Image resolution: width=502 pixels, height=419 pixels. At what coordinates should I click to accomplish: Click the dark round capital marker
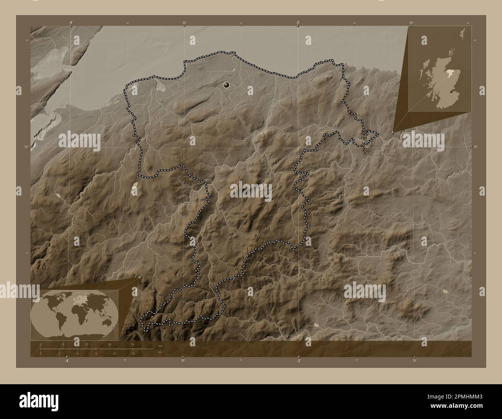pos(226,84)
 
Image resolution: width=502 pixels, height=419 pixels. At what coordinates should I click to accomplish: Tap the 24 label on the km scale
pos(132,344)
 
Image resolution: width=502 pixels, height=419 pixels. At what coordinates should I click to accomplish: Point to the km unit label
pos(160,346)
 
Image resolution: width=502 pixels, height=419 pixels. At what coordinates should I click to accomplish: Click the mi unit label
pos(159,352)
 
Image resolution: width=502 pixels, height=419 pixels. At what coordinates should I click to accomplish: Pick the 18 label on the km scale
pos(110,344)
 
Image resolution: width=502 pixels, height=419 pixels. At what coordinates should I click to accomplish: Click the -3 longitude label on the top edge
pos(298,23)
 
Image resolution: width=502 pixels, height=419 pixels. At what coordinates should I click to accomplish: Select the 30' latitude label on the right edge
pos(475,146)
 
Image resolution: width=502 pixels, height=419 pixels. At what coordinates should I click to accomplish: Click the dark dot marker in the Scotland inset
pos(452,92)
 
